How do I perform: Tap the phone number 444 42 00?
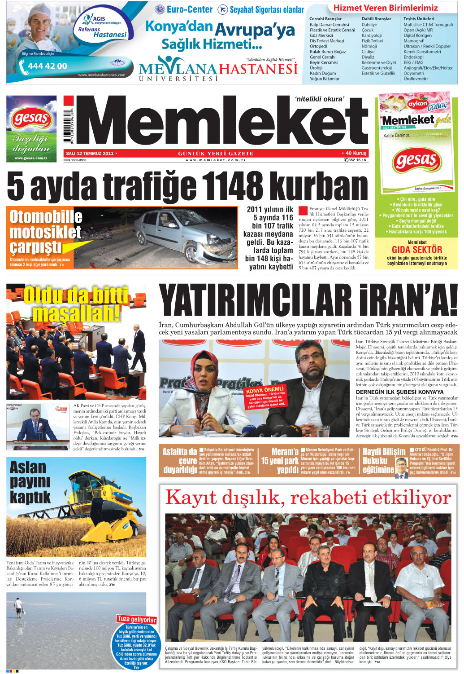(47, 66)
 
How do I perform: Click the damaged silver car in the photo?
(179, 233)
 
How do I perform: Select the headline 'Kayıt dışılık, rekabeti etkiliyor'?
(308, 498)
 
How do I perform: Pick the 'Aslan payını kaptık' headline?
(30, 482)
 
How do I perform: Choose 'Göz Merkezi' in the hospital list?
(321, 35)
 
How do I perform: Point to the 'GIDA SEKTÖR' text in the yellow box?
(416, 250)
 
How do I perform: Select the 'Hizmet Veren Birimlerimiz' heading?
(386, 8)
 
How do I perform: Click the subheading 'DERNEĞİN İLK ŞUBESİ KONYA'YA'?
(399, 392)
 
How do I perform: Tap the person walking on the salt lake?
(18, 607)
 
